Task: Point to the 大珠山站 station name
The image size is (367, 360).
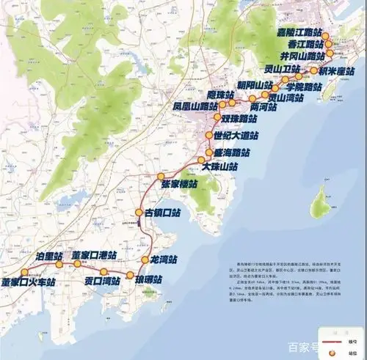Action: tap(220, 167)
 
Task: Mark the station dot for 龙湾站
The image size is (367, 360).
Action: tap(144, 260)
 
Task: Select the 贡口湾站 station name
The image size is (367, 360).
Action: tap(101, 280)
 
